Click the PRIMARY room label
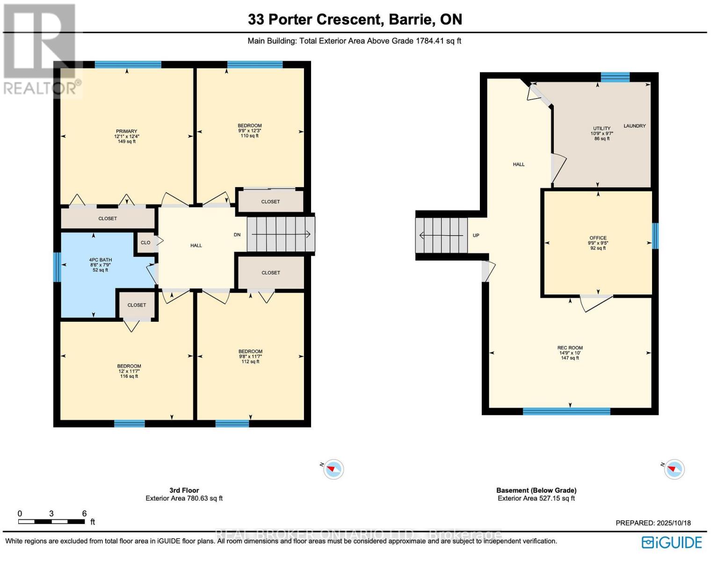pos(126,131)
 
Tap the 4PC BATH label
pos(100,260)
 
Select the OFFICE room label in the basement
pos(598,238)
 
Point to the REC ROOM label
pos(570,348)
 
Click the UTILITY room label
pos(602,128)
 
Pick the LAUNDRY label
pos(635,126)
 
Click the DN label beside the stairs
pos(237,235)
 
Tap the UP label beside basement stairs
pos(476,235)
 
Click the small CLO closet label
pos(145,243)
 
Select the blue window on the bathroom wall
pos(58,267)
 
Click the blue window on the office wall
pos(655,236)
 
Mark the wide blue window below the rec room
pos(566,411)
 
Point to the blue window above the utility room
pos(615,77)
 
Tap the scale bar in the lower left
pos(51,522)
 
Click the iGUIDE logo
pos(672,542)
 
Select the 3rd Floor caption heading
pos(184,490)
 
